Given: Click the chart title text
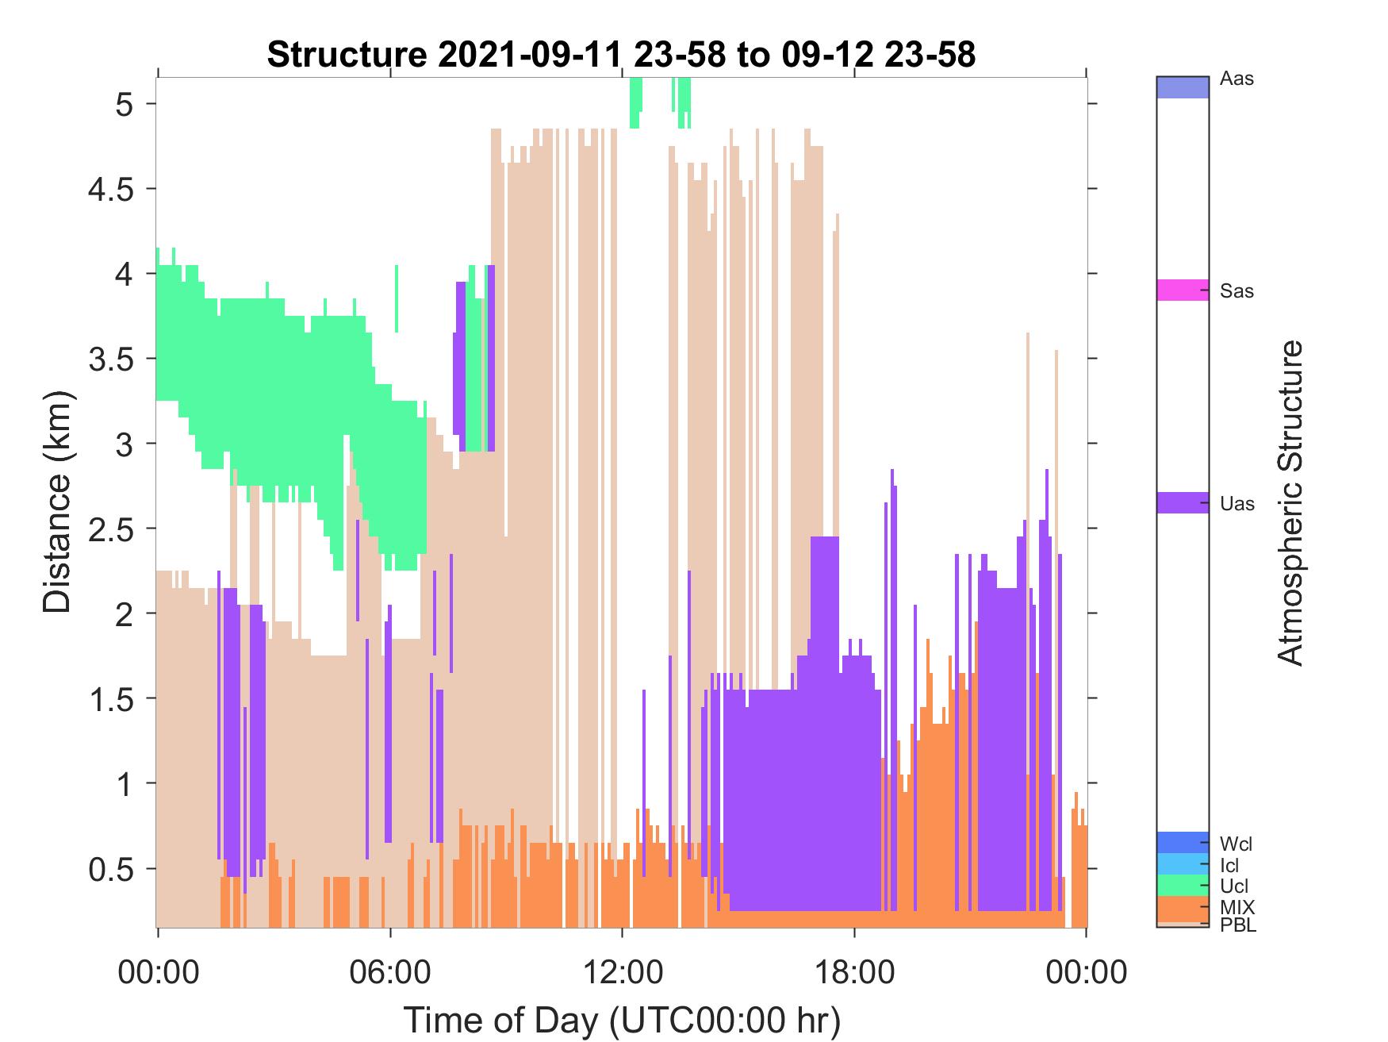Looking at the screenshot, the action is (621, 55).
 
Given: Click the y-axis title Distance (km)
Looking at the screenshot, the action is (57, 502).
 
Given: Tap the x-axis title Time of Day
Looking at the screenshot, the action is (621, 1021).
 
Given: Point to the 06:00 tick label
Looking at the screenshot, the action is (389, 971).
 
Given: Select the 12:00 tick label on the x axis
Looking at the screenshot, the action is (622, 971).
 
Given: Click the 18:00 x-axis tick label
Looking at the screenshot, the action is (854, 971).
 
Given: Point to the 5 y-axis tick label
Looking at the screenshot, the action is (125, 104).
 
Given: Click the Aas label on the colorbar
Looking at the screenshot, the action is (1237, 79).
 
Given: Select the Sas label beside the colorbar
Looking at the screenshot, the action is (1237, 291).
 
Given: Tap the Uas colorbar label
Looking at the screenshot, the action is (1237, 503).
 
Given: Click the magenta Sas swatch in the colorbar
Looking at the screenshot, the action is (1183, 290).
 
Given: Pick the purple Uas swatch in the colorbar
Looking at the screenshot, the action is (1183, 502).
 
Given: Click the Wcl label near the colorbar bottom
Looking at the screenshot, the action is (1237, 844).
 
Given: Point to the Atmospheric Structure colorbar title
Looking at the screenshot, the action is (1291, 502).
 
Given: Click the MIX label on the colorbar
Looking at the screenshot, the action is (1237, 907).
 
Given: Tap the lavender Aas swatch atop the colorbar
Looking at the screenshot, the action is (1183, 87).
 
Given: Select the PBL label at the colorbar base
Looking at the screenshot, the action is (1238, 925).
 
